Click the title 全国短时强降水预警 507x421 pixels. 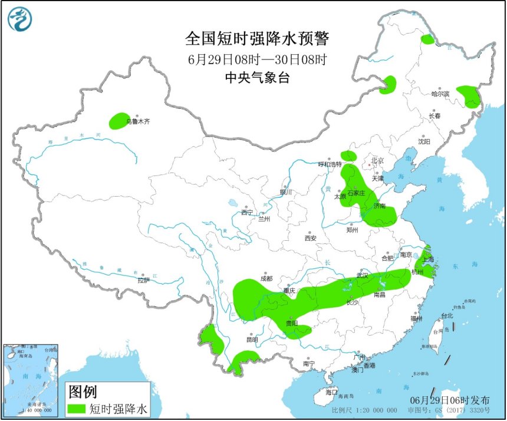(256, 39)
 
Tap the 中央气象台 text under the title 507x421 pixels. (257, 78)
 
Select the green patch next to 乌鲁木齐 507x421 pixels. (120, 121)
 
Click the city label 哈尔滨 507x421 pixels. (440, 94)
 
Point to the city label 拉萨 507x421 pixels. (143, 281)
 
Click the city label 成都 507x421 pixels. (266, 279)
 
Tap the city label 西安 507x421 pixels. (311, 238)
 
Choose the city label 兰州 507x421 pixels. (264, 219)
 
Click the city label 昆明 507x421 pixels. (252, 340)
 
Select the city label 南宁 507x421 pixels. (309, 364)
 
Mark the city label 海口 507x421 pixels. (331, 392)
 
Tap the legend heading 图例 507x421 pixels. (83, 392)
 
